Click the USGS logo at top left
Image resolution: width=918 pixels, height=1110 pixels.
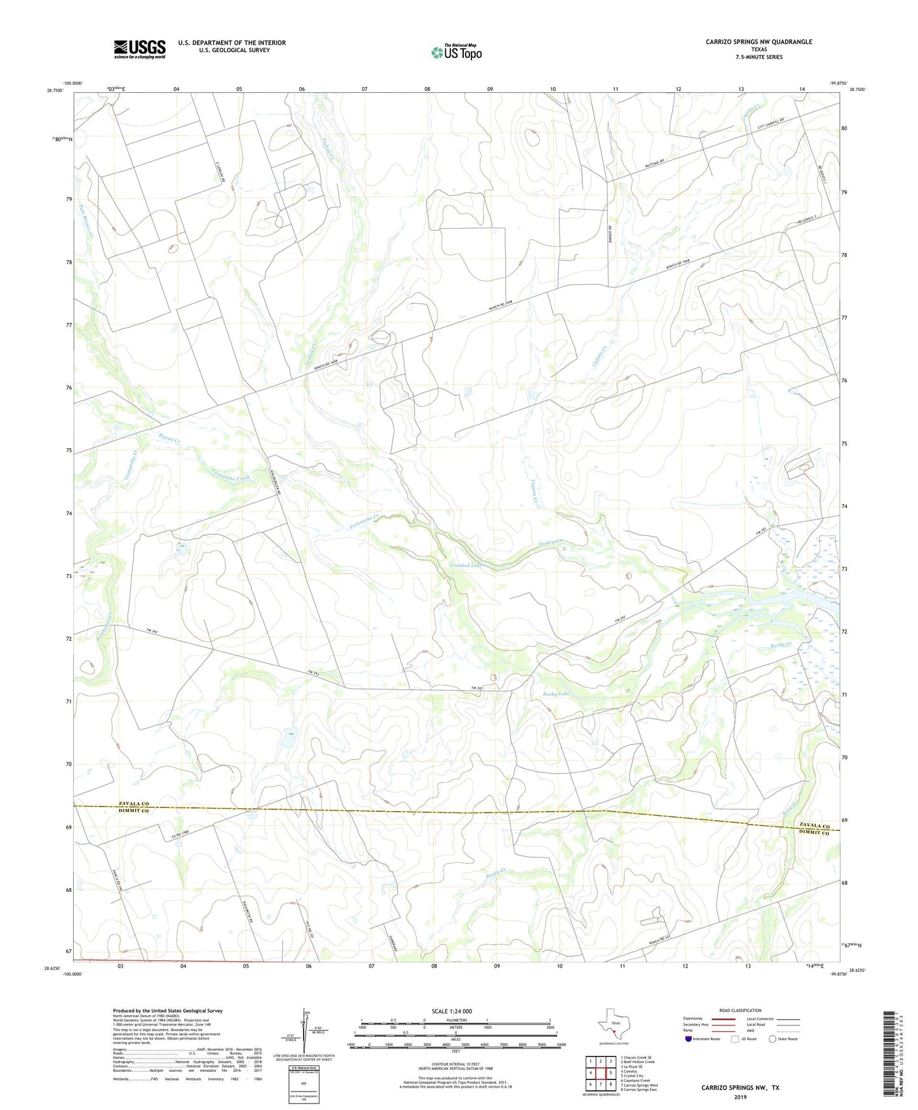click(139, 48)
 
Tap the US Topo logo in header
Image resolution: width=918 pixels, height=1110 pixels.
click(456, 52)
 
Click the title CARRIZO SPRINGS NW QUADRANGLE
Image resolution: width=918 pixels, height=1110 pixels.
click(759, 42)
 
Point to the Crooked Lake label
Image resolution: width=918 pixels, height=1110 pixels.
click(466, 565)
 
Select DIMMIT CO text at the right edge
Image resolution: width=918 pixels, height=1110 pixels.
click(814, 833)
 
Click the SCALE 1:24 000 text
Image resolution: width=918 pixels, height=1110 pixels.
click(452, 1011)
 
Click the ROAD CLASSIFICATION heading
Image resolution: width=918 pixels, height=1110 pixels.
click(740, 1010)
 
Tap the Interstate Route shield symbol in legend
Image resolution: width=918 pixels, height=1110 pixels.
click(690, 1039)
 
